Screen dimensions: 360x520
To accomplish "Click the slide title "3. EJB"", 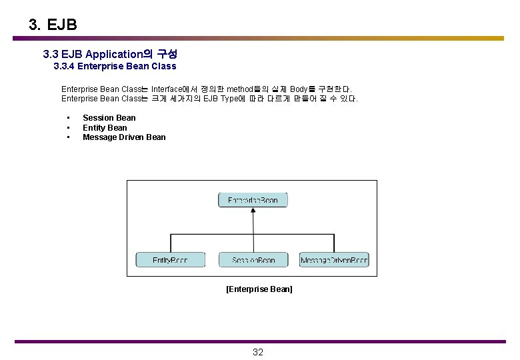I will tap(53, 25).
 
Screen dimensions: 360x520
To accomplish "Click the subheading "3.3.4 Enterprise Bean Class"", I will tap(115, 66).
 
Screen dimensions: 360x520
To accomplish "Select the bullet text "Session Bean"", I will tap(109, 118).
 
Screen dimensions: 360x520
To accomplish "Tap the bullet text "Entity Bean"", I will tap(105, 127).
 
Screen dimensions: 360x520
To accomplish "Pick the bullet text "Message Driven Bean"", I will tap(124, 137).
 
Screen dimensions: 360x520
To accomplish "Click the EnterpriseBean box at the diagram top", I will tap(253, 199).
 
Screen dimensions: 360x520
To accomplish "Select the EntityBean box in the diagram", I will tap(170, 260).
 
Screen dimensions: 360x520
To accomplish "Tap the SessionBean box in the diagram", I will tap(253, 260).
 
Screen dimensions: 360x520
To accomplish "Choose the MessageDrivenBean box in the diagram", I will tap(334, 260).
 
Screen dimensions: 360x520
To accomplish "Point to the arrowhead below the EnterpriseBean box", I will tap(253, 211).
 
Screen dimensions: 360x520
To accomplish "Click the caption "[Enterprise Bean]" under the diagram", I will tap(259, 289).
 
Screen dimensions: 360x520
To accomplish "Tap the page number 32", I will tap(258, 352).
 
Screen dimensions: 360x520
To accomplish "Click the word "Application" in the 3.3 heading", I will tap(115, 53).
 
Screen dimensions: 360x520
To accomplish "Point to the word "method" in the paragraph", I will tap(241, 89).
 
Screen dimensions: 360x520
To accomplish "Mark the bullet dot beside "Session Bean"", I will tap(68, 118).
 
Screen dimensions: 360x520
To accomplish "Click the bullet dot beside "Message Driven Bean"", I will tap(68, 137).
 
